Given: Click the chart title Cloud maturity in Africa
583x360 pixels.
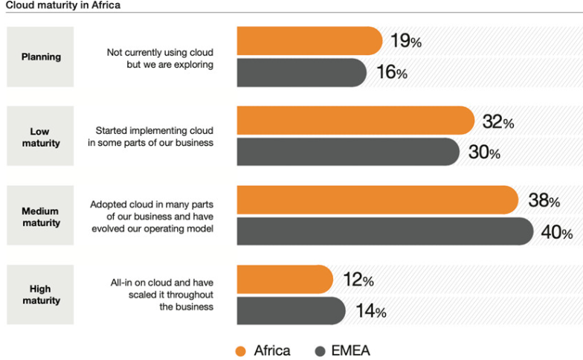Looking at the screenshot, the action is pos(63,5).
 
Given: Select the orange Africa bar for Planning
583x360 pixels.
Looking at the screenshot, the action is pos(309,41).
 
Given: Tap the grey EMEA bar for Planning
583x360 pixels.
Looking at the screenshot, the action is pos(302,73).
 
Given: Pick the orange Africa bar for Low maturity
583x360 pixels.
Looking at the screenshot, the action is pos(355,120).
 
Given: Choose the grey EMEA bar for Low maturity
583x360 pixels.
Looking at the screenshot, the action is pos(348,152).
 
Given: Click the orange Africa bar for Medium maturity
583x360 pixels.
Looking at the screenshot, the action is pos(378,199).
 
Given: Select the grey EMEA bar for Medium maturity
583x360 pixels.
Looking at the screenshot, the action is pos(385,231).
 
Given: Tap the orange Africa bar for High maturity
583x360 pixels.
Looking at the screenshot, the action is pos(285,280).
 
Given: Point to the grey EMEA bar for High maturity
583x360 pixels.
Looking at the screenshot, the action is pos(291,311).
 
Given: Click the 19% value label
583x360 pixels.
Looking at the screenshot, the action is pos(406,40).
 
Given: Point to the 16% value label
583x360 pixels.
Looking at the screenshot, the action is pos(392,71).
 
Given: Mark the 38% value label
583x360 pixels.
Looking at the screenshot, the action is pos(544,200).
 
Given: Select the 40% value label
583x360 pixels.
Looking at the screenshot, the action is pos(557,232).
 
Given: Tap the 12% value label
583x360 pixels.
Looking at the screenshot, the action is pos(358,280).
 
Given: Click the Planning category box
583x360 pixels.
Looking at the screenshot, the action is pos(40,57).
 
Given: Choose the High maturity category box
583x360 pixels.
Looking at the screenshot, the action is pos(40,295).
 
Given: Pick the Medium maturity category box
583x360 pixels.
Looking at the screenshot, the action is pos(40,216).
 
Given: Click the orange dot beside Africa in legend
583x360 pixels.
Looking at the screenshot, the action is pos(241,351).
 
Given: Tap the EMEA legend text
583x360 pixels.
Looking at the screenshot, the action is pos(351,351).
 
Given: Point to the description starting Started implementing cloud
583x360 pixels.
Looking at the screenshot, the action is pos(150,137).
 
